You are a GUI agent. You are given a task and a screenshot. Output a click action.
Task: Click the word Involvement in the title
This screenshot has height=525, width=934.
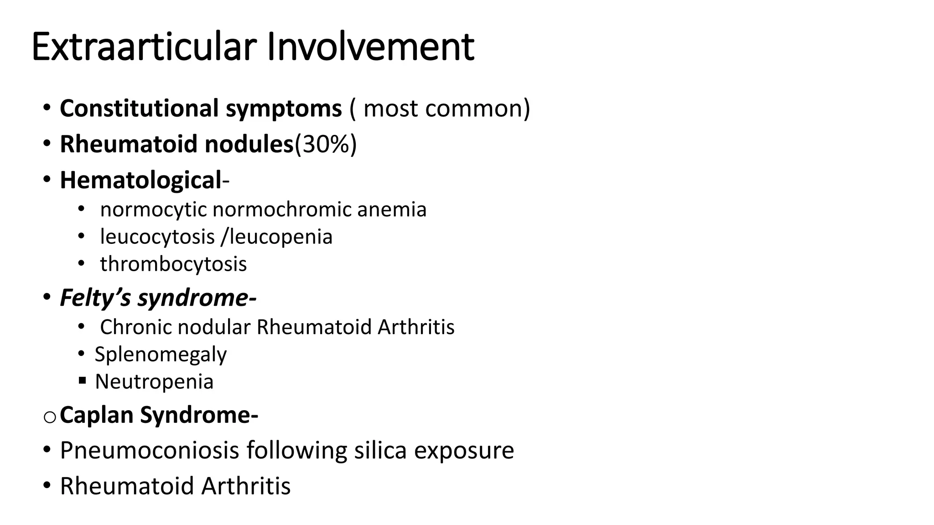click(x=370, y=47)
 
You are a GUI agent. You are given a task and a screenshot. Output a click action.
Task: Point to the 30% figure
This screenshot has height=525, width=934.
click(x=326, y=144)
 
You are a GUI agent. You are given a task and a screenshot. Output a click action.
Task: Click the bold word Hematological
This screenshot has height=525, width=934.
click(x=140, y=180)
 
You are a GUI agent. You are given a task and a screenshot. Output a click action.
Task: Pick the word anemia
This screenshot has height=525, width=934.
click(x=392, y=210)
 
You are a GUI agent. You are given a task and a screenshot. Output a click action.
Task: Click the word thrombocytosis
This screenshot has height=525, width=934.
click(x=173, y=264)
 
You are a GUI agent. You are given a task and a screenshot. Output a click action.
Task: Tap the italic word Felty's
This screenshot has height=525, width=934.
click(x=95, y=299)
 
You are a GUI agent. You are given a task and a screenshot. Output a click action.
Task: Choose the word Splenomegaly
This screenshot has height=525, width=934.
click(x=161, y=355)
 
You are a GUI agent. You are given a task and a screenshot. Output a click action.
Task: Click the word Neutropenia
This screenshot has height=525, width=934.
click(x=154, y=382)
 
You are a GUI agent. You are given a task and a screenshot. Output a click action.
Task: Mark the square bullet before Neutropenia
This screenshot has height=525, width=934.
click(x=82, y=380)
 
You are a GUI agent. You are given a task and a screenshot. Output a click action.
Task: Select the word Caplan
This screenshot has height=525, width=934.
click(x=96, y=416)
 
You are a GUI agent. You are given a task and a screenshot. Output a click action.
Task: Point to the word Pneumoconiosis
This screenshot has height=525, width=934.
click(x=150, y=451)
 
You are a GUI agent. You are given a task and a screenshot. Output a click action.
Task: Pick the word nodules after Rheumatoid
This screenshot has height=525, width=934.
click(x=249, y=144)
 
